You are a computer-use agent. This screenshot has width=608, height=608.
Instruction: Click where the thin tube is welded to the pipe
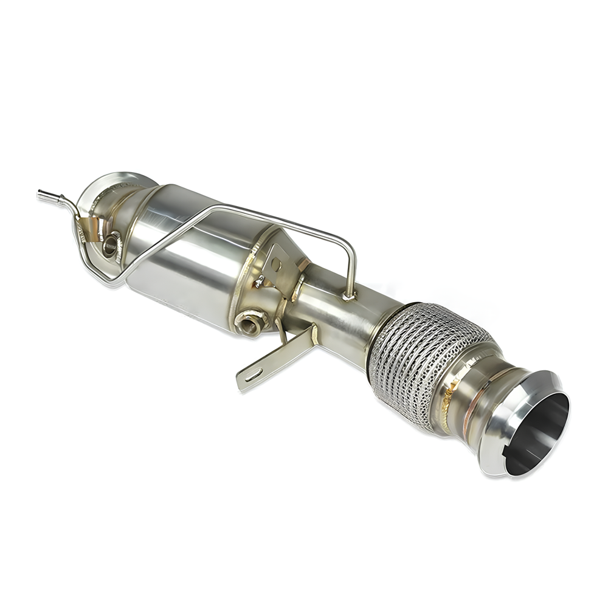point(348,296)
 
